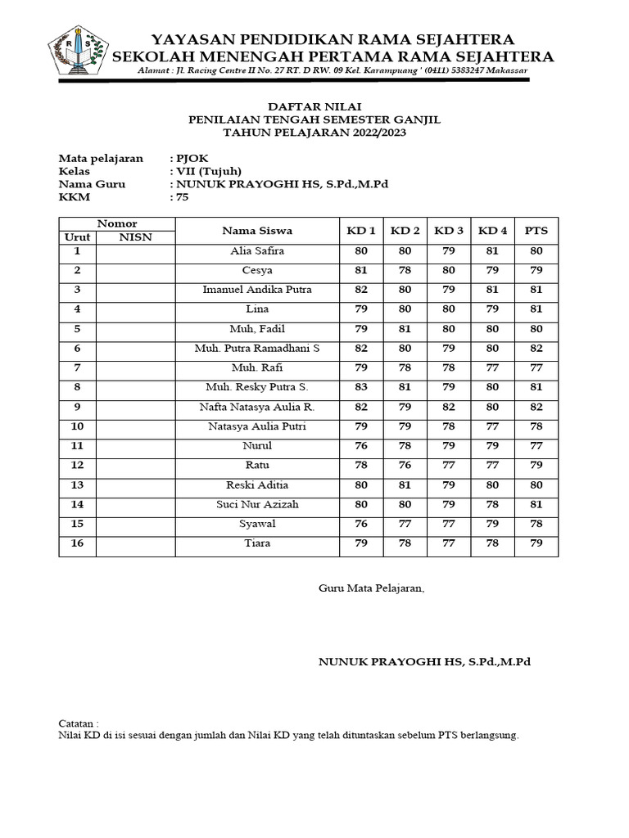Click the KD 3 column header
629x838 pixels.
(x=449, y=231)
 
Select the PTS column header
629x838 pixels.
(x=536, y=231)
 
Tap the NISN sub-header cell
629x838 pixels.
(x=135, y=237)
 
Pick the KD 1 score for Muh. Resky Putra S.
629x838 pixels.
(x=360, y=388)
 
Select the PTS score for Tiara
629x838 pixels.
(x=536, y=543)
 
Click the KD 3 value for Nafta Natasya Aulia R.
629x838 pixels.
(x=449, y=408)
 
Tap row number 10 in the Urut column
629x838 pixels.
(x=78, y=426)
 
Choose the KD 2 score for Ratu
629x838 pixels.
(x=405, y=466)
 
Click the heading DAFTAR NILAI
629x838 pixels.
(x=314, y=107)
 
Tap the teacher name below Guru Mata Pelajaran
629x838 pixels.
(x=424, y=661)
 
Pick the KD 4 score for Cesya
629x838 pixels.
(x=492, y=271)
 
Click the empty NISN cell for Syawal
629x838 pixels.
(x=135, y=524)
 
